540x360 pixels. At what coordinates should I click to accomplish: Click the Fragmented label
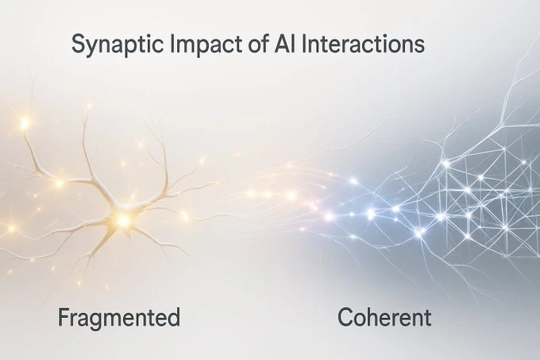point(119,319)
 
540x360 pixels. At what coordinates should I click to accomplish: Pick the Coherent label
point(384,319)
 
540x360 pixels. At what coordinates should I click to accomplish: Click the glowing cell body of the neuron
point(122,219)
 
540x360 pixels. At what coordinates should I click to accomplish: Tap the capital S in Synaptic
point(78,44)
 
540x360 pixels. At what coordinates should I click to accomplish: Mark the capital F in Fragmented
point(63,319)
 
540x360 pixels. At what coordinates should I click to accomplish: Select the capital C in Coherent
point(345,319)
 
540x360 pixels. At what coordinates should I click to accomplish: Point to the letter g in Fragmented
point(93,322)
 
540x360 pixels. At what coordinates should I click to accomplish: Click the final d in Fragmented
point(173,319)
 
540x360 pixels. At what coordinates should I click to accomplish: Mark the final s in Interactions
point(418,45)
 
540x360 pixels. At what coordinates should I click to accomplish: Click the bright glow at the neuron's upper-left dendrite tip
point(24,123)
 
